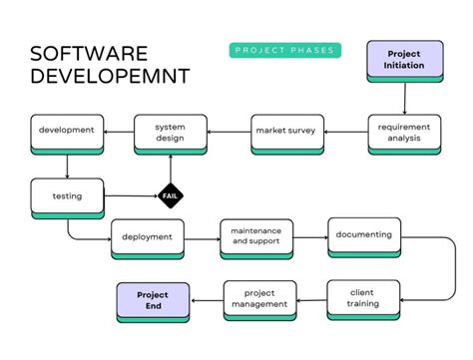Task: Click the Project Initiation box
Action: [x=405, y=60]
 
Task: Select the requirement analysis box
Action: [x=404, y=132]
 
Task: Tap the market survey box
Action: [x=284, y=131]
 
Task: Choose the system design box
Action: [x=170, y=132]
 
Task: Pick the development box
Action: [x=67, y=132]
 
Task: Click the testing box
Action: [x=67, y=196]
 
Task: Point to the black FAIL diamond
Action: [x=170, y=196]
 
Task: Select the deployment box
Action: [x=148, y=237]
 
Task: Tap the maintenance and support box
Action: [x=256, y=237]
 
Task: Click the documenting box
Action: [x=364, y=236]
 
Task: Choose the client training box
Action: [x=363, y=298]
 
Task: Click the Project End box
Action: [x=154, y=300]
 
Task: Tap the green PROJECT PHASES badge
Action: [x=284, y=51]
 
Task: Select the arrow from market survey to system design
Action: [x=228, y=131]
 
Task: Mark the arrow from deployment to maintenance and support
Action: [x=203, y=237]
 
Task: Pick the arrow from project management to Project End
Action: [x=207, y=300]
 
